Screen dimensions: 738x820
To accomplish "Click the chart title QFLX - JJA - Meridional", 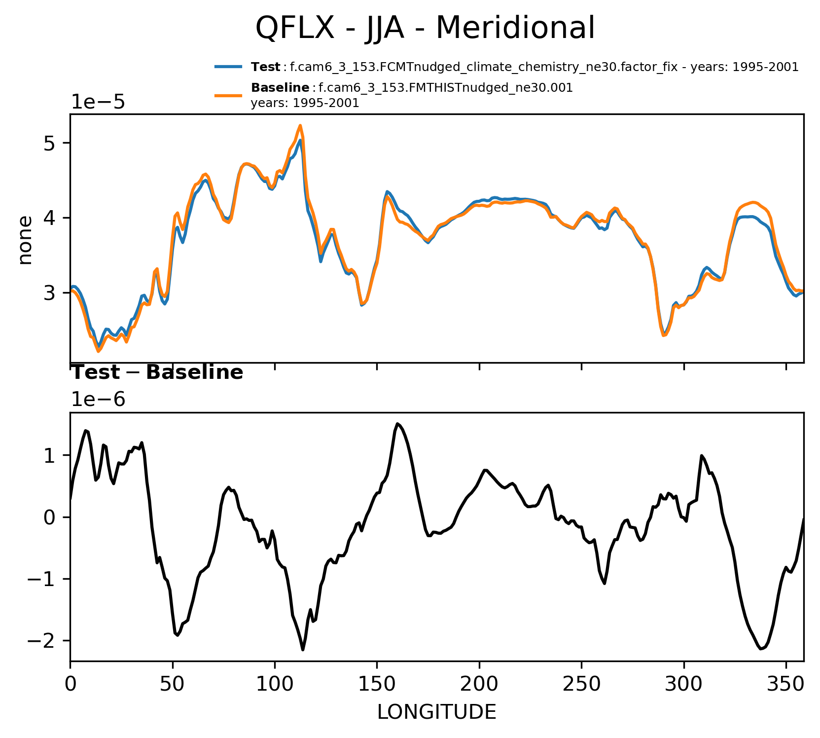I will tap(425, 28).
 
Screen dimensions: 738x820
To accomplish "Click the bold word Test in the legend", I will tap(265, 67).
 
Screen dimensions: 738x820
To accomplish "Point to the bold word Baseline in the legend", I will tap(280, 88).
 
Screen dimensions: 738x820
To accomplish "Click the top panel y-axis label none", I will tap(25, 240).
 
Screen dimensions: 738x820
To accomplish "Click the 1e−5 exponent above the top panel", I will tap(98, 102).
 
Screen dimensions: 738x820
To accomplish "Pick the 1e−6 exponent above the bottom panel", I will tap(98, 400).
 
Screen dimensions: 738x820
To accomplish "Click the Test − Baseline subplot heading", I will tap(157, 373).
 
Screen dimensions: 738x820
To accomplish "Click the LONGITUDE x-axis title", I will tap(437, 712).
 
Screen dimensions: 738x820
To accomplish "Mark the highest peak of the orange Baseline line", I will tap(300, 125).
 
